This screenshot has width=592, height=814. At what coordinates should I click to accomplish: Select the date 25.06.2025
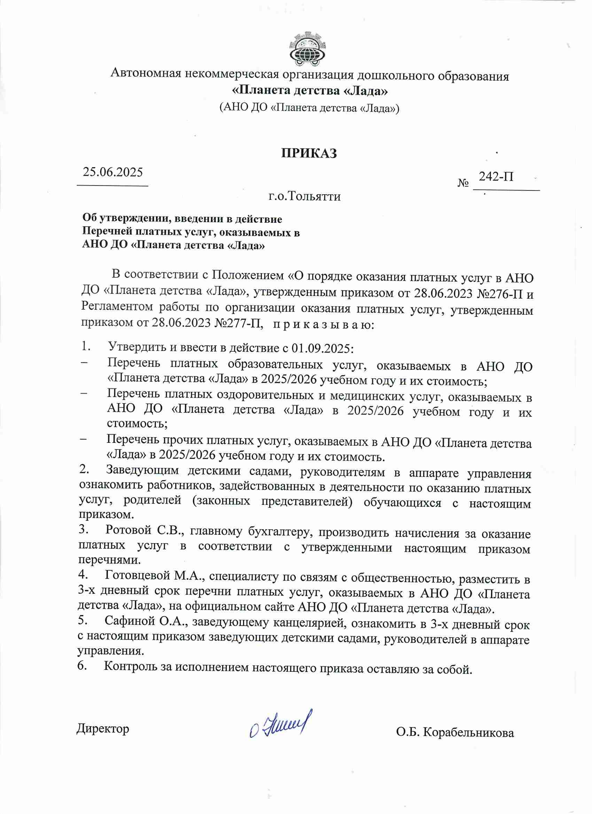[113, 172]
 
